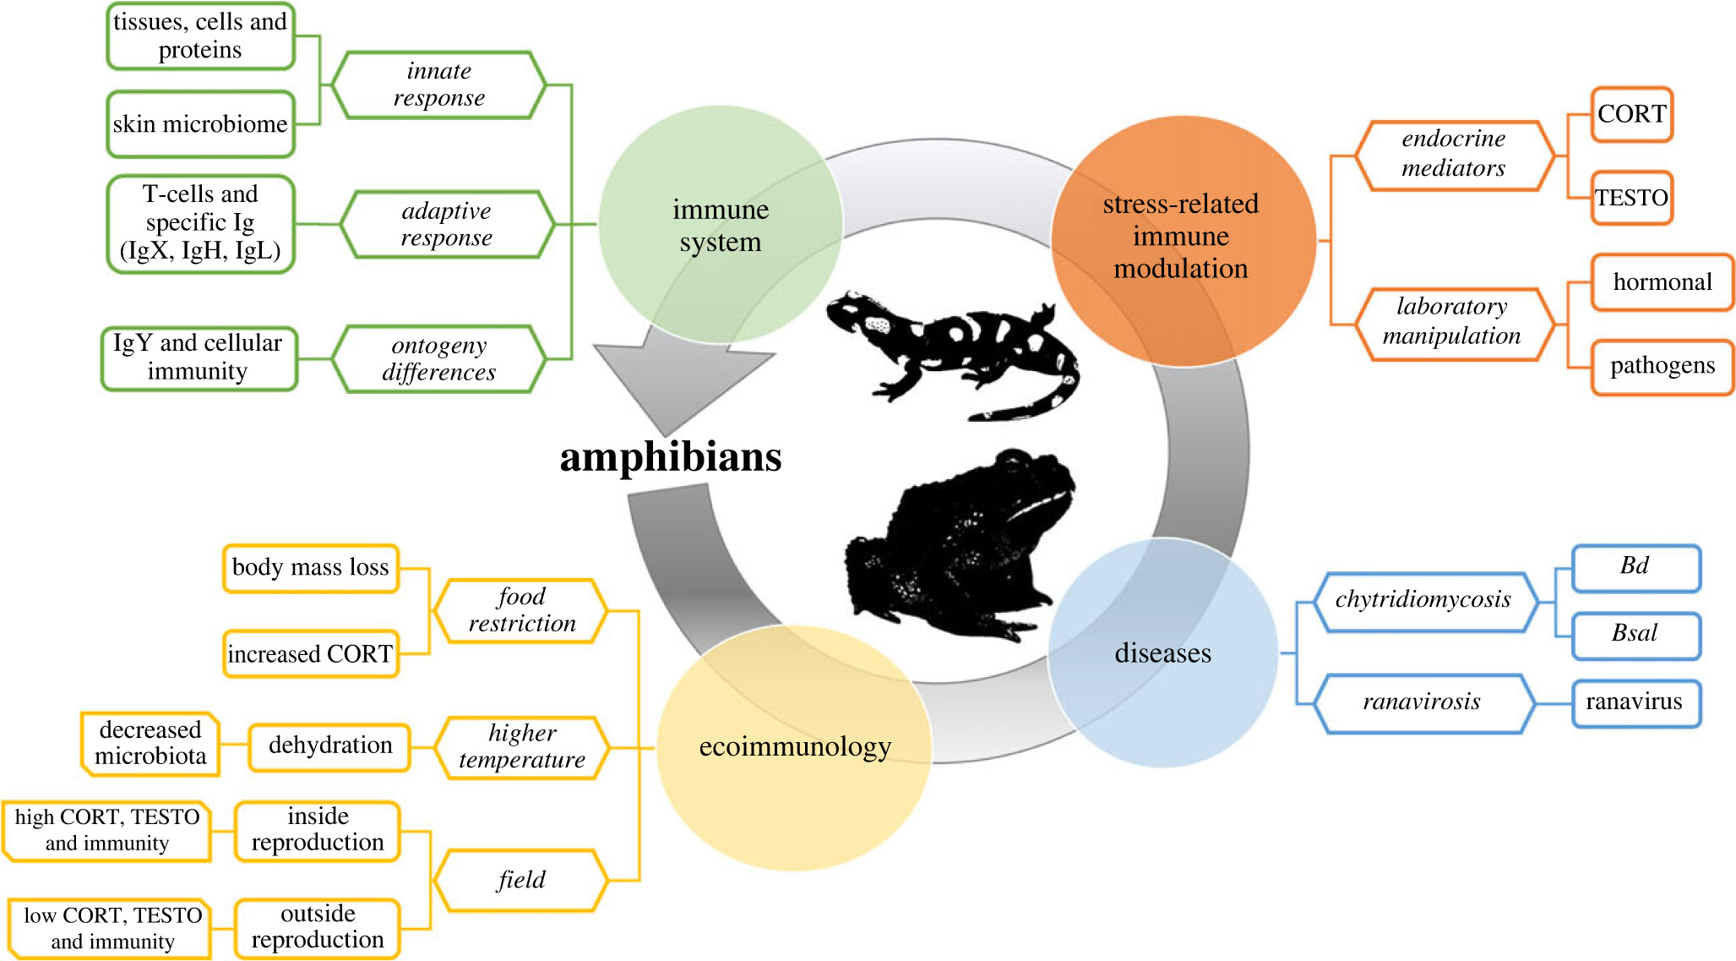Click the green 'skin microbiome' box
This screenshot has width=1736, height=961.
[200, 124]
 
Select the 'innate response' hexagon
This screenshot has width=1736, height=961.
[438, 85]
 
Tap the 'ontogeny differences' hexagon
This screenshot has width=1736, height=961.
[438, 359]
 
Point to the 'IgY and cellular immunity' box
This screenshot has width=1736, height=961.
[199, 358]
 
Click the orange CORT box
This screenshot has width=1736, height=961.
[1631, 114]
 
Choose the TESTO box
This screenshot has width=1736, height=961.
[1631, 198]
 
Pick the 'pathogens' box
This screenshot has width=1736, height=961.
[1662, 366]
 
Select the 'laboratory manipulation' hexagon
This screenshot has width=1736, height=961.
[1453, 322]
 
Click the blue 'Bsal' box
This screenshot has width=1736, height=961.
[1635, 634]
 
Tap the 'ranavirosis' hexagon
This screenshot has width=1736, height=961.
[1423, 702]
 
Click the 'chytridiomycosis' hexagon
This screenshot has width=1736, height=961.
[1423, 600]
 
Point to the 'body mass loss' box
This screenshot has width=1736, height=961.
[310, 567]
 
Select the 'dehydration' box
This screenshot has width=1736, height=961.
[329, 745]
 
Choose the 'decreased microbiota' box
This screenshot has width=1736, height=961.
[150, 743]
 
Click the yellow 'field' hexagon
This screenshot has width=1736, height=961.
[521, 880]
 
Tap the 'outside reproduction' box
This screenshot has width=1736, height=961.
[317, 927]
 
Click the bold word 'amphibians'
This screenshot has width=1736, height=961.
[671, 457]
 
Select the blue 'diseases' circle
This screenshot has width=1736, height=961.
[1163, 653]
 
